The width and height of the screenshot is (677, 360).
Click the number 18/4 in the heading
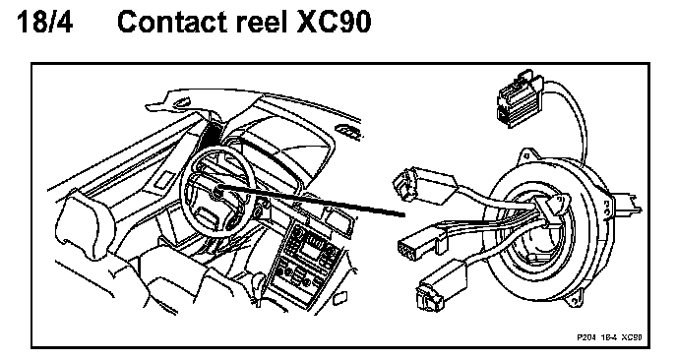pos(44,22)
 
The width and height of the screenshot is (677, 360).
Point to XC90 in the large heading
pos(334,22)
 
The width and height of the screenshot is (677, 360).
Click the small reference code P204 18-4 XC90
pos(609,336)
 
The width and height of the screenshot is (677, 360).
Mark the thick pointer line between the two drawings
pos(312,201)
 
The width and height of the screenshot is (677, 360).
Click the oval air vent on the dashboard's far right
pos(347,132)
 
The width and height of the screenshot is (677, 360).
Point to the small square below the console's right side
pos(340,297)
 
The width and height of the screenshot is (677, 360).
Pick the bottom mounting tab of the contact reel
pos(574,300)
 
